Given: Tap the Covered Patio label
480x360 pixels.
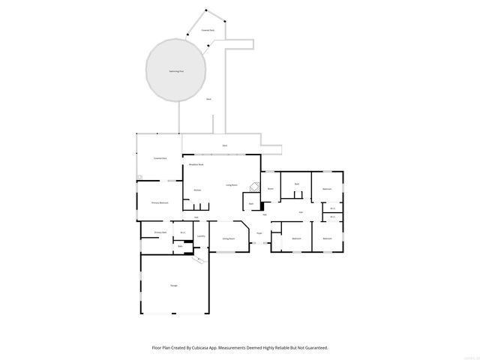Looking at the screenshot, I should tap(207, 30).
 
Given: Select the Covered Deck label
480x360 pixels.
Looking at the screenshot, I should tap(160, 158).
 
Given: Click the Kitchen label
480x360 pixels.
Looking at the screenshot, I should tap(197, 190).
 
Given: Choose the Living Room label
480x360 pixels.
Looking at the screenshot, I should tap(232, 184).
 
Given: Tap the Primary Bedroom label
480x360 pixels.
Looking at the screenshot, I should tap(160, 202).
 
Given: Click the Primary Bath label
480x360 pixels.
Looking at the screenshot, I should tap(160, 232).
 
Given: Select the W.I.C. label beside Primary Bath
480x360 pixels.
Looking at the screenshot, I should tap(182, 232).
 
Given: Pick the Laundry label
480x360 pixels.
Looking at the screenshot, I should tap(201, 236).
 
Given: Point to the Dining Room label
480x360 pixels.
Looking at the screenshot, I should tap(228, 238).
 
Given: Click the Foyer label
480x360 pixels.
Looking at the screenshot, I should tap(259, 233).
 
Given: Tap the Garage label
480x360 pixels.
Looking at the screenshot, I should tap(173, 286).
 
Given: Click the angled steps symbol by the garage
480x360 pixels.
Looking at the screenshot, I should tap(198, 260).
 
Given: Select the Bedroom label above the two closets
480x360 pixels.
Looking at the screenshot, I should tap(327, 189).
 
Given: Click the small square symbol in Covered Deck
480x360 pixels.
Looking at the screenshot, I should tap(139, 177).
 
